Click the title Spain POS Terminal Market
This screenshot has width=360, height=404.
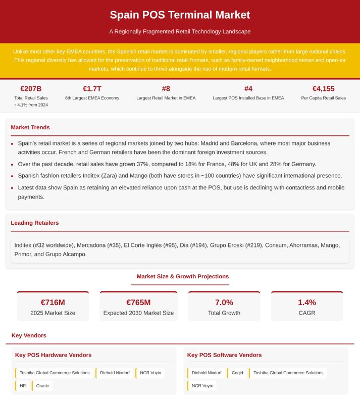click(x=180, y=15)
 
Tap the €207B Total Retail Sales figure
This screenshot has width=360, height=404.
click(x=31, y=89)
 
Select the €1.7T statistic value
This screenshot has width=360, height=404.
click(x=92, y=89)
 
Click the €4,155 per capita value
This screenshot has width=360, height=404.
click(x=323, y=89)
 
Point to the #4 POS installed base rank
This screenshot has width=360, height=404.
click(x=248, y=89)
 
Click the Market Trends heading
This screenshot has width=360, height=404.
click(x=30, y=127)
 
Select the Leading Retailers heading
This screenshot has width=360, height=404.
click(x=35, y=223)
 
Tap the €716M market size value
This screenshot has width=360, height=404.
click(x=53, y=302)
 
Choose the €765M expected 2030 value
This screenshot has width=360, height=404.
click(x=138, y=302)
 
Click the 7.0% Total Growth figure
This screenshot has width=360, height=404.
click(x=224, y=302)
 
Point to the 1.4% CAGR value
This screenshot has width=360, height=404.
click(x=307, y=302)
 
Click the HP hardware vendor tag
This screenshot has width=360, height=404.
click(x=23, y=386)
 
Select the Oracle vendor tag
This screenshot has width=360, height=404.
click(x=43, y=386)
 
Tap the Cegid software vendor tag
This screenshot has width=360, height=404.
click(x=237, y=373)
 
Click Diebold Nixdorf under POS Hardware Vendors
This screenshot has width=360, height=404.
click(x=115, y=373)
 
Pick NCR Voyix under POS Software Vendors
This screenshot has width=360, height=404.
click(x=202, y=386)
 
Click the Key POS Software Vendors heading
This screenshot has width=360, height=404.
click(x=224, y=355)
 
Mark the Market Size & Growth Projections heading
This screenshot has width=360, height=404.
click(x=183, y=277)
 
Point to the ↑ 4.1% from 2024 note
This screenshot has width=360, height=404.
click(x=31, y=105)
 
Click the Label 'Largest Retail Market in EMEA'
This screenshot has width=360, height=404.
click(x=166, y=98)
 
